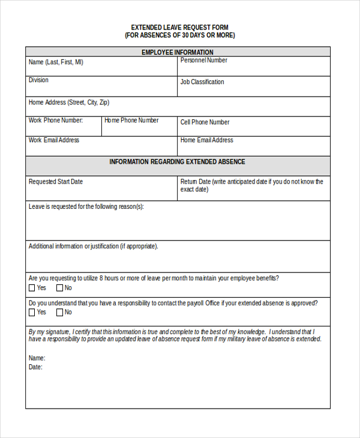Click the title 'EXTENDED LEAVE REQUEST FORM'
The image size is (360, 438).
(179, 28)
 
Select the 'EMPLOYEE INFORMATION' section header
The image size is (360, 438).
(177, 52)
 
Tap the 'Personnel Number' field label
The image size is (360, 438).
(203, 61)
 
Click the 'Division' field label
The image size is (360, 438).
(38, 80)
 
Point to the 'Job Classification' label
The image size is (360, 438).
(202, 82)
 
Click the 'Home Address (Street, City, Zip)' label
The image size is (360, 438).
(69, 103)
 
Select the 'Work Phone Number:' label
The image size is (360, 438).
(56, 121)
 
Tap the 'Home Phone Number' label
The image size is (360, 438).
(131, 121)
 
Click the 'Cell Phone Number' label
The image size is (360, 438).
(205, 122)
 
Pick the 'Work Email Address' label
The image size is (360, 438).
(54, 140)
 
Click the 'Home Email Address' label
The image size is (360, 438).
(206, 140)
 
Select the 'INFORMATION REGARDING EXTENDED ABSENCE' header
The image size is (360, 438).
(177, 162)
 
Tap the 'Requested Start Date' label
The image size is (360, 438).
(56, 182)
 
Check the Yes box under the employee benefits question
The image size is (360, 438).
(32, 288)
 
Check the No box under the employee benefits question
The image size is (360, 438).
(59, 288)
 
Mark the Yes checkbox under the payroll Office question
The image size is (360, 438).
(32, 313)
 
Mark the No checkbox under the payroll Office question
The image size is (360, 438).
(59, 313)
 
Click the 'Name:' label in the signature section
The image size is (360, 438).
(37, 358)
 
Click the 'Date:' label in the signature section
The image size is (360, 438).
(35, 367)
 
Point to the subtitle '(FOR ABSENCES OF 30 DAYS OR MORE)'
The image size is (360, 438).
(179, 35)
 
